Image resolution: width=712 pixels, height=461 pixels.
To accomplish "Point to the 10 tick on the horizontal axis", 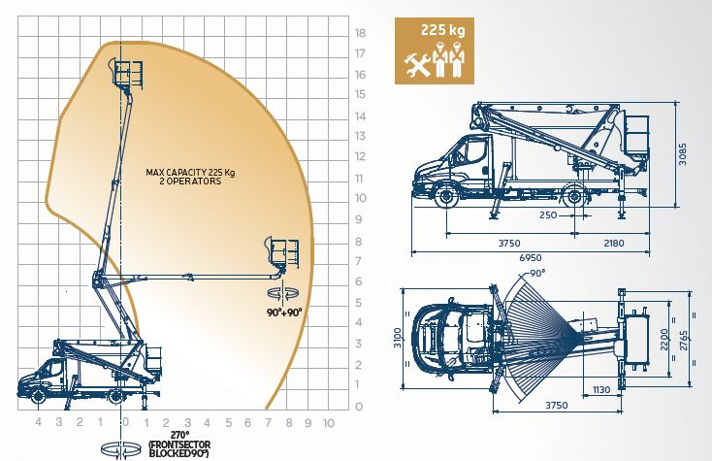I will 328,422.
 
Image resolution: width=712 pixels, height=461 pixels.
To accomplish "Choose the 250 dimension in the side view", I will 549,215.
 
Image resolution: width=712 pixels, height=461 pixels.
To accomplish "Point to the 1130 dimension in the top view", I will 600,392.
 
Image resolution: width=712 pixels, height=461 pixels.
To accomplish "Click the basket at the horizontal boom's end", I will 283,251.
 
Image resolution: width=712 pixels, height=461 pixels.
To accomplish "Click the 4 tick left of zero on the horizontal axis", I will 38,422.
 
